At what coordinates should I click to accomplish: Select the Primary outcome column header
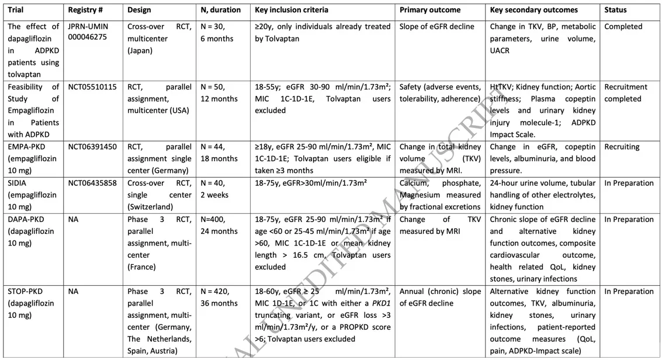coord(430,10)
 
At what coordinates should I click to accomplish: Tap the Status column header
coord(615,10)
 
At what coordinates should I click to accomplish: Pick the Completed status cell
coord(623,26)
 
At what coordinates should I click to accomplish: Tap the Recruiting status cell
coord(622,147)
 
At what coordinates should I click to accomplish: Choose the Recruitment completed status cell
coord(626,93)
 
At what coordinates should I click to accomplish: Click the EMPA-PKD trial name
coord(25,147)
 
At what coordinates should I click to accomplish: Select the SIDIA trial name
coord(18,183)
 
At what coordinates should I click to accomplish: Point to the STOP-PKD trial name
coord(25,291)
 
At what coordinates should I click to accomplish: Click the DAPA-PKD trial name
coord(26,219)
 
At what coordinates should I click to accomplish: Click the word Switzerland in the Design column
coord(151,207)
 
